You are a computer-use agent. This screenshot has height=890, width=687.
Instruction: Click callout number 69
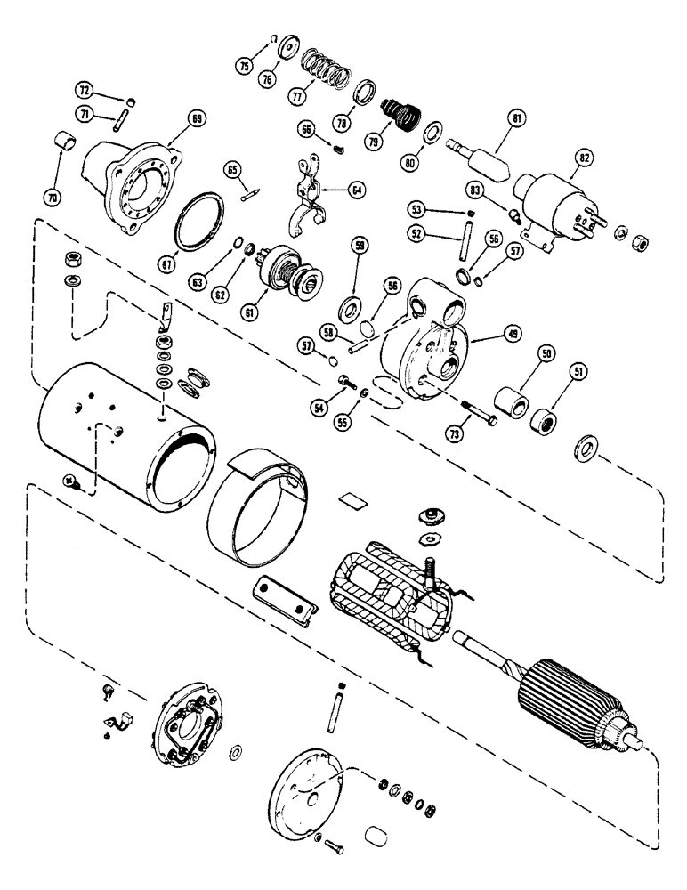pos(172,117)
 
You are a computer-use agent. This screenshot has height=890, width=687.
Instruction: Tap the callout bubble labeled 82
pos(559,157)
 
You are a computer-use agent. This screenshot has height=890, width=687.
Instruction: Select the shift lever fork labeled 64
pos(307,196)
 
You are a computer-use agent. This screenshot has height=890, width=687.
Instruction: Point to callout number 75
pos(245,67)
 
